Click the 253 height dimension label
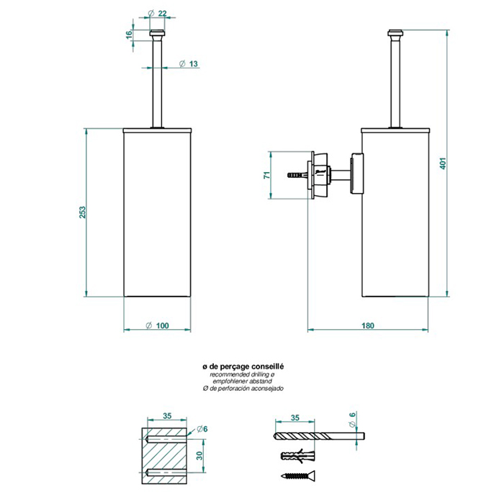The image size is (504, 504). click(x=81, y=212)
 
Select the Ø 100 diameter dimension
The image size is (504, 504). click(x=158, y=326)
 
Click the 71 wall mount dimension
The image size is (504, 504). click(x=266, y=175)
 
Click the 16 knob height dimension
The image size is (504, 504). click(x=128, y=34)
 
